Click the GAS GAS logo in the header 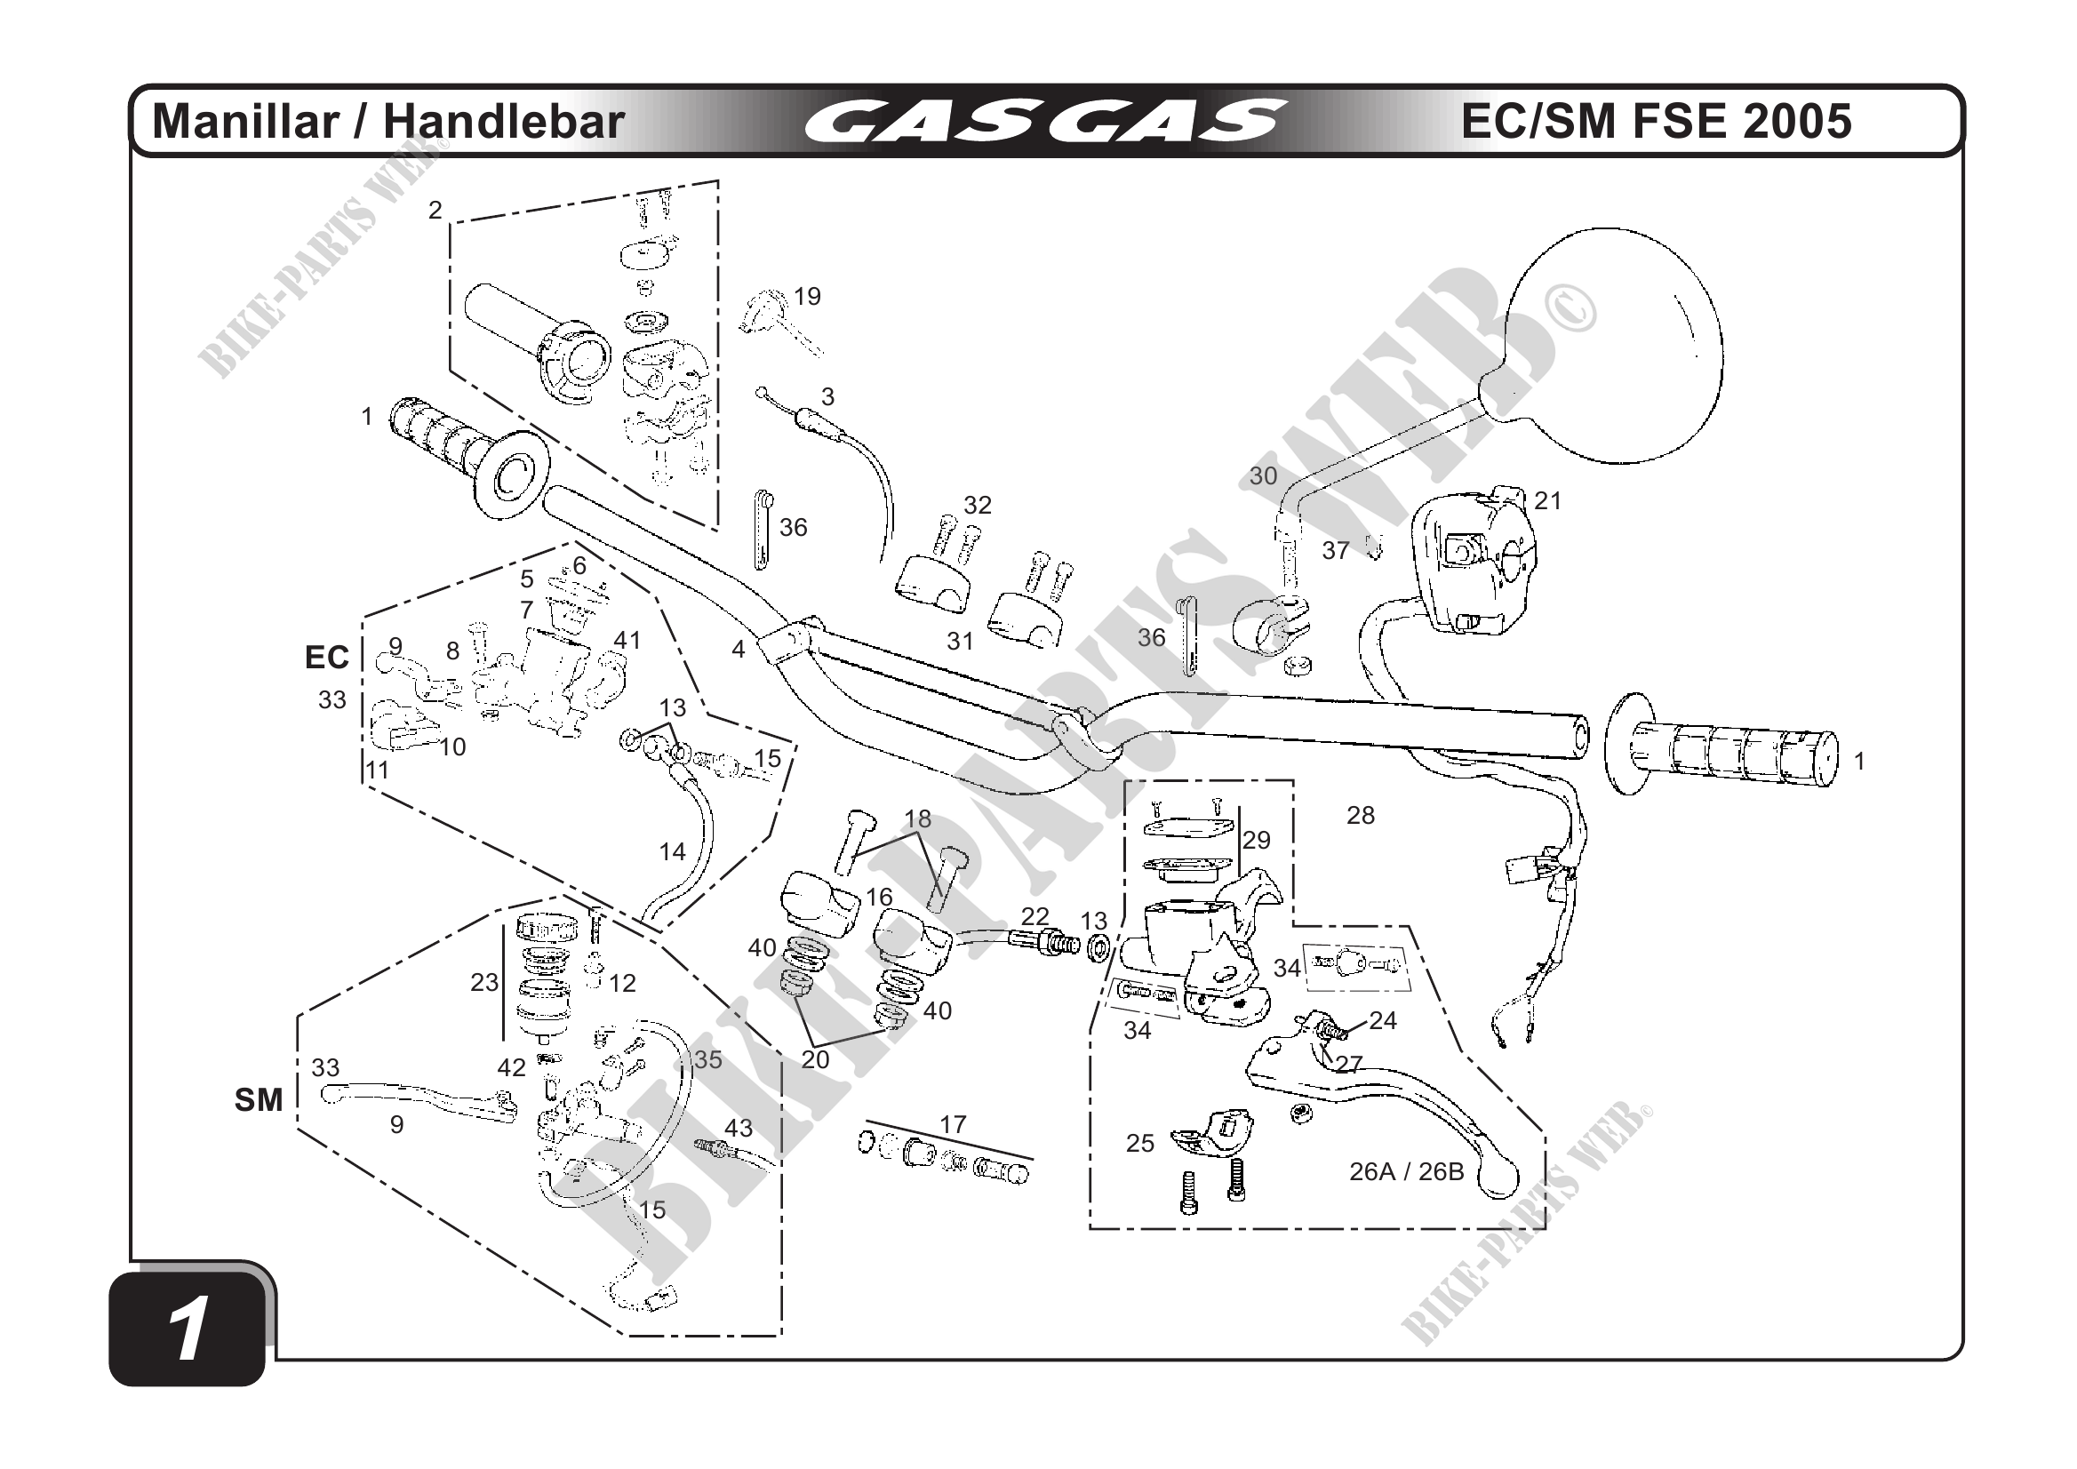(x=1045, y=122)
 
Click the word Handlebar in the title (x=504, y=122)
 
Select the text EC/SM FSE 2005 (x=1657, y=122)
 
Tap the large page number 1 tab (x=188, y=1328)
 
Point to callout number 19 (x=807, y=296)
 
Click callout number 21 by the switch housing (x=1548, y=500)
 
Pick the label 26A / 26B (x=1406, y=1171)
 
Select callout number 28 (x=1361, y=815)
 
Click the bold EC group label (x=326, y=658)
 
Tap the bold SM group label (x=259, y=1100)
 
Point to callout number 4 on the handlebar (x=739, y=649)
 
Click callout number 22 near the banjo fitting (x=1035, y=915)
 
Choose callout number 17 (x=953, y=1124)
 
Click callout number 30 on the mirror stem (x=1263, y=475)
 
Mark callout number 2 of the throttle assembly (x=435, y=210)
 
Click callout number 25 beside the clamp (x=1139, y=1144)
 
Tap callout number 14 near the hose (x=672, y=851)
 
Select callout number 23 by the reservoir (x=484, y=982)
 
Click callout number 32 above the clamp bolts (x=977, y=505)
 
